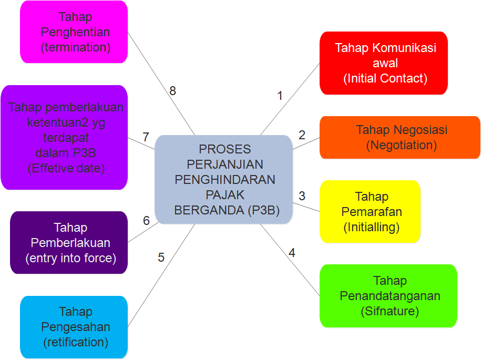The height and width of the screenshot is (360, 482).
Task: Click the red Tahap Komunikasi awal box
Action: [x=384, y=63]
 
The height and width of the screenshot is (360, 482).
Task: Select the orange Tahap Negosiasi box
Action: [x=399, y=137]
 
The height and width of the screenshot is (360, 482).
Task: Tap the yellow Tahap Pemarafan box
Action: [x=370, y=211]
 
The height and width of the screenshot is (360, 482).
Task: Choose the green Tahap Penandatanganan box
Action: [x=388, y=296]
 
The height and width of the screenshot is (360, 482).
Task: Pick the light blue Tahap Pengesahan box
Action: [x=74, y=327]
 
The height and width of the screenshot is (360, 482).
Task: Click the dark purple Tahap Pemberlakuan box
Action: [x=69, y=243]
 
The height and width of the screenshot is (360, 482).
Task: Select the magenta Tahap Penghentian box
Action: [x=74, y=32]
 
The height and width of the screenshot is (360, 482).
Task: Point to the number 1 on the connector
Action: [x=280, y=96]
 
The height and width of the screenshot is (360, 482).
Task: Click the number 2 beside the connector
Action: [x=302, y=135]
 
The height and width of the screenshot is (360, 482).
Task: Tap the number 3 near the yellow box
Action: [x=302, y=196]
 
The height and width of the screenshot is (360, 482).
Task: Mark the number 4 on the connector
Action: [x=292, y=253]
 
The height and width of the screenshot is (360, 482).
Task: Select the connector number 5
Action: [x=161, y=258]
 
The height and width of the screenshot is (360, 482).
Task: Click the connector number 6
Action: [x=146, y=221]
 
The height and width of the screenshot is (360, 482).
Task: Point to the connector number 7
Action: [x=146, y=138]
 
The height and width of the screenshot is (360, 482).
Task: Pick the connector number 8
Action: [x=172, y=91]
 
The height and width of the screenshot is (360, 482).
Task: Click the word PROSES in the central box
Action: [x=225, y=149]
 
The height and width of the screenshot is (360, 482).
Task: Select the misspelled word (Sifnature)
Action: [x=389, y=311]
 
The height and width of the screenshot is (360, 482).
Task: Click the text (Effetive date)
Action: [x=66, y=169]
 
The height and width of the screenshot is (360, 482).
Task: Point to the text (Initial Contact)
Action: [x=385, y=79]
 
